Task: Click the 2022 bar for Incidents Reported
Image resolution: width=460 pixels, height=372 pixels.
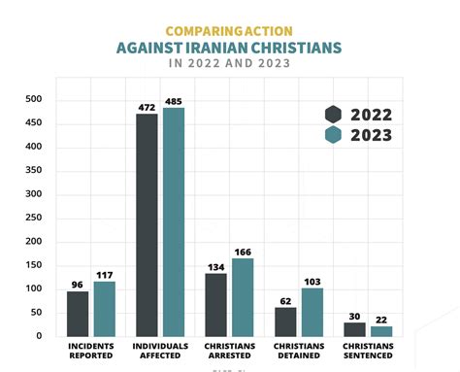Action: (x=78, y=313)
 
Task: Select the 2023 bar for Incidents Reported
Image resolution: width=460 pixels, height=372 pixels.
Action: (x=104, y=308)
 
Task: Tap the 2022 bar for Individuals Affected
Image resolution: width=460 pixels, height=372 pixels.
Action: (x=147, y=224)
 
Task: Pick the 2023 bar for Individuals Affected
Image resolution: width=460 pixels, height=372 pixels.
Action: (x=173, y=221)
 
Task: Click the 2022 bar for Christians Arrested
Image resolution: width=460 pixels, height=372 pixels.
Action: (x=215, y=304)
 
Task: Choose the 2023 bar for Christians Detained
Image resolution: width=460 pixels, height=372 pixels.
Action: (x=311, y=312)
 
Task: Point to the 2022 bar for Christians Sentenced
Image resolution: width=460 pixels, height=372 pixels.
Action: (x=354, y=328)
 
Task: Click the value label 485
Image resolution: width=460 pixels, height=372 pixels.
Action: (x=173, y=100)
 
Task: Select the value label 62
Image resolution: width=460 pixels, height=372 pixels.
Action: (x=285, y=300)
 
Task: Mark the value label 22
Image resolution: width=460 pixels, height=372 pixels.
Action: (x=380, y=319)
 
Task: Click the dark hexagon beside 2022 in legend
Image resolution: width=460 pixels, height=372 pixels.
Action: (x=333, y=114)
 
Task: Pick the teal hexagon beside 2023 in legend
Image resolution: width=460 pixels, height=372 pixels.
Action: (x=333, y=136)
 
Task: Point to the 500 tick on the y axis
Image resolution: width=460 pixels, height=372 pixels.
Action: (x=34, y=99)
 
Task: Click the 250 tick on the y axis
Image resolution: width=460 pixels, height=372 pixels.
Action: (x=34, y=218)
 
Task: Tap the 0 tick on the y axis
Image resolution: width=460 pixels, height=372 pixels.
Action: (x=39, y=336)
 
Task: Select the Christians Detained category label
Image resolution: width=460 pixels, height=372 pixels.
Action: (x=298, y=351)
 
